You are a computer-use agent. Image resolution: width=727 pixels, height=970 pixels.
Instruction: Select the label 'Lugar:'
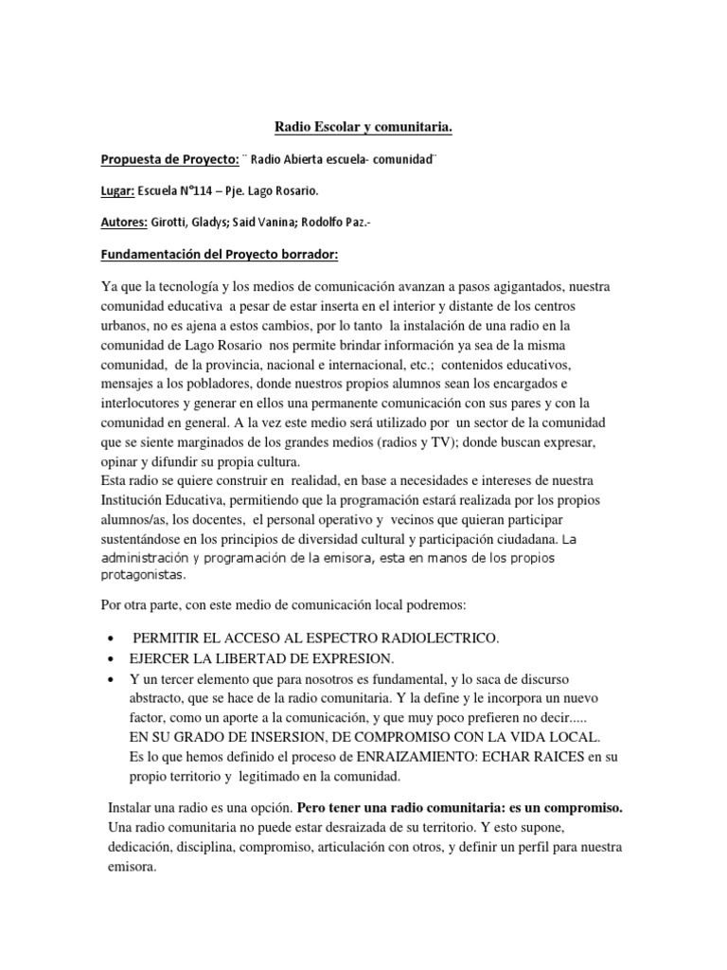point(116,190)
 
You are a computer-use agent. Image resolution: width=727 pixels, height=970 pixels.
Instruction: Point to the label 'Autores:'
point(123,223)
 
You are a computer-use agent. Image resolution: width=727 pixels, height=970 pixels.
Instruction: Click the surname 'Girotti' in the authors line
point(171,223)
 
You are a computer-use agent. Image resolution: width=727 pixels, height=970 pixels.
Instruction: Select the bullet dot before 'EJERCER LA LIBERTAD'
point(112,659)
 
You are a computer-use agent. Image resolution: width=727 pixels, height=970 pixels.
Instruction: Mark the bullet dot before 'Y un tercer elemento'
point(112,681)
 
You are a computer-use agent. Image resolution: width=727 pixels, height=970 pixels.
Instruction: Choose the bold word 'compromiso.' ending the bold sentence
point(579,808)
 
